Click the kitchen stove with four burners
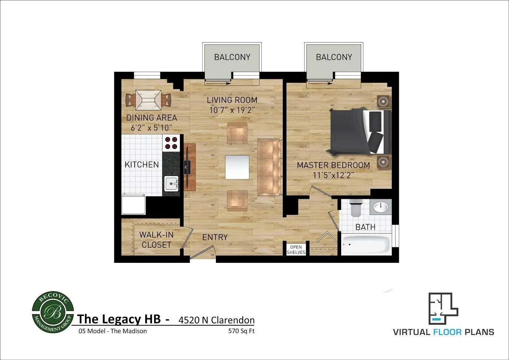171,143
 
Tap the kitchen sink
171,183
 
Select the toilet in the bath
356,208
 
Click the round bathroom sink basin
381,207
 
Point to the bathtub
365,244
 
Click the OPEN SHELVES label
296,249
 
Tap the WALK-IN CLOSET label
156,240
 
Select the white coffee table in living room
237,167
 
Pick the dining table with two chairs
148,100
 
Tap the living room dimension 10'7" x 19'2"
232,110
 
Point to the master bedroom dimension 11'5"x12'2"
333,175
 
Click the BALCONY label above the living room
232,57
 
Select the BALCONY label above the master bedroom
334,57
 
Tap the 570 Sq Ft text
241,331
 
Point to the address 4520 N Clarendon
216,320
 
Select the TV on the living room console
187,167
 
